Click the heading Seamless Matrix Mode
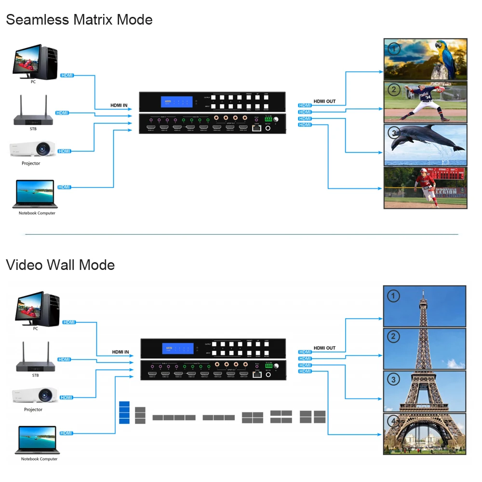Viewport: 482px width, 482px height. pyautogui.click(x=79, y=20)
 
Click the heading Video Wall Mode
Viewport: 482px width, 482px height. pyautogui.click(x=60, y=265)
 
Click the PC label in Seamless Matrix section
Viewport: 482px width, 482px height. pyautogui.click(x=33, y=81)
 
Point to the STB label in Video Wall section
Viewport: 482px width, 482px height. pyautogui.click(x=35, y=375)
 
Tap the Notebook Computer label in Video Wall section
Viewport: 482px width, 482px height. pyautogui.click(x=39, y=459)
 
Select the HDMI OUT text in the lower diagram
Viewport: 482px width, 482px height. pyautogui.click(x=324, y=348)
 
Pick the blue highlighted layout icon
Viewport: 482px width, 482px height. pyautogui.click(x=124, y=412)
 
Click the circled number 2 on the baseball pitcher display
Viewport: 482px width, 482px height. pyautogui.click(x=394, y=90)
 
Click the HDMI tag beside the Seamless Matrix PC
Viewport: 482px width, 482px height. pyautogui.click(x=67, y=75)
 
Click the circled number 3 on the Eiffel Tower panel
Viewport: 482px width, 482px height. pyautogui.click(x=394, y=380)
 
